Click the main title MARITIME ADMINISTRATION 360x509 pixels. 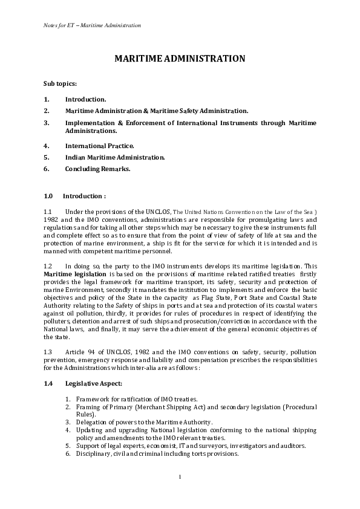pos(180,59)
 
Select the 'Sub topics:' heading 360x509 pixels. pos(60,83)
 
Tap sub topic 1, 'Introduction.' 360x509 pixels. pos(85,99)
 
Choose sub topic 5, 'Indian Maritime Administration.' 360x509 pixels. pos(114,157)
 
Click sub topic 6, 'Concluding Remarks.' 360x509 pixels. pos(97,169)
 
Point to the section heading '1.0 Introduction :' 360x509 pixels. pos(75,196)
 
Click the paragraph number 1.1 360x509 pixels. pos(48,212)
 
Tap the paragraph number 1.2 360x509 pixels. pos(48,266)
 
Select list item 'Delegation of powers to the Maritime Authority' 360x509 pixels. pos(144,422)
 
